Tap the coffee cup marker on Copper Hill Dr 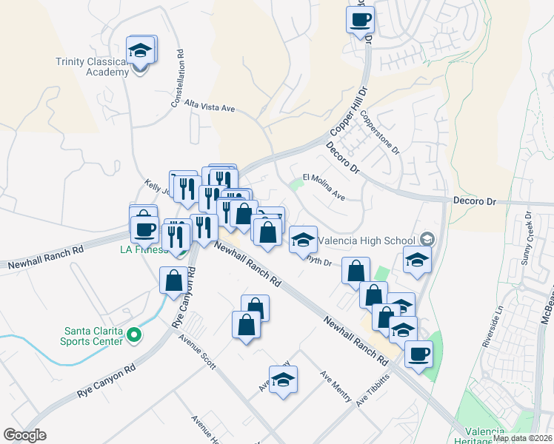click(x=360, y=21)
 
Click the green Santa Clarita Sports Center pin click(x=134, y=336)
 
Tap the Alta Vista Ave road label click(x=210, y=107)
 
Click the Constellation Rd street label click(x=178, y=78)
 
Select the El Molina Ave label click(x=324, y=187)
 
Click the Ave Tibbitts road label click(x=372, y=391)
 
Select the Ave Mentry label click(x=336, y=386)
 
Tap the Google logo click(x=25, y=435)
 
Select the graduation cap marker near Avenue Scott click(x=283, y=380)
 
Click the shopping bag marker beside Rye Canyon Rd click(x=173, y=280)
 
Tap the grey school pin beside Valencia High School click(x=427, y=239)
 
